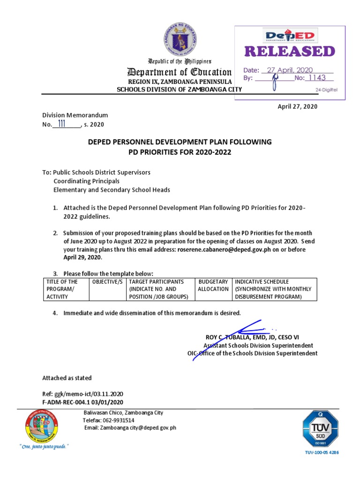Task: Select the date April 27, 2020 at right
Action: pyautogui.click(x=298, y=106)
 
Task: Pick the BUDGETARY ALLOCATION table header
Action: pyautogui.click(x=213, y=285)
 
